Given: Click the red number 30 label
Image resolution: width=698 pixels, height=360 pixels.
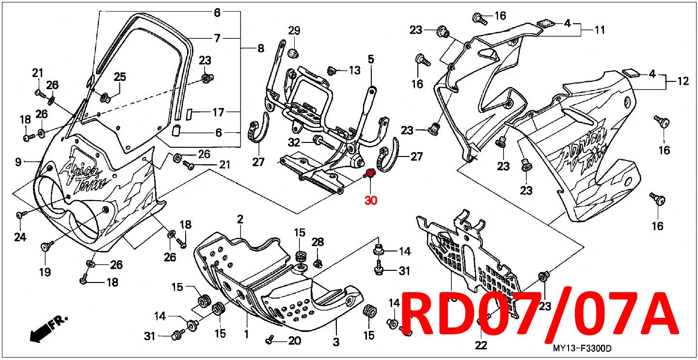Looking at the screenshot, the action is pos(371,200).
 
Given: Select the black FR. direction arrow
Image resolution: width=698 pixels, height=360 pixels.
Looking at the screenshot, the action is pos(48,329).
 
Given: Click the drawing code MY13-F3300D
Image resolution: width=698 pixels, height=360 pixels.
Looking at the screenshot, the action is pos(582,348).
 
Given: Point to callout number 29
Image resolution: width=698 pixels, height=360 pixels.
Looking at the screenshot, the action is pos(294,31).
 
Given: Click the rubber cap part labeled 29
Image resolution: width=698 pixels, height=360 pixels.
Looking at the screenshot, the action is pos(293,53).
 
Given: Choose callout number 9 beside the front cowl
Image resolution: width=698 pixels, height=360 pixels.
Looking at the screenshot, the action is pos(18,162).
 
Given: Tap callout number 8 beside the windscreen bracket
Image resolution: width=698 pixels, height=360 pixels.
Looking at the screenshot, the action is pos(261,48).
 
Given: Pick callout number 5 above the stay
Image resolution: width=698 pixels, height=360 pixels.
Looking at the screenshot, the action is pos(371,59).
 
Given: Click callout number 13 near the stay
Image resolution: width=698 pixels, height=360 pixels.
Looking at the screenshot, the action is pos(354,70).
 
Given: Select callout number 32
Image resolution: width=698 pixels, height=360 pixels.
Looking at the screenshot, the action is pos(294,142).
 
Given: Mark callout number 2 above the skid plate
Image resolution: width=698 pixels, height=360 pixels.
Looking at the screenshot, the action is pos(240,219).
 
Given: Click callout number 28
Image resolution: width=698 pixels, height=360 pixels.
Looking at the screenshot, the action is pos(318,242).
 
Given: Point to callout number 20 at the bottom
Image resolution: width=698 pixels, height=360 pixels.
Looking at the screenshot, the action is pos(295,341).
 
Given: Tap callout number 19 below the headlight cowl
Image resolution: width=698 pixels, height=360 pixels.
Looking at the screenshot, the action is pos(45,272).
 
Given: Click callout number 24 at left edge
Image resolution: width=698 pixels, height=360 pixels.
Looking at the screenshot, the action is pos(20,237).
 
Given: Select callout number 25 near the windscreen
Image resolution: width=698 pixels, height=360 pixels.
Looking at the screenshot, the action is pos(120,77).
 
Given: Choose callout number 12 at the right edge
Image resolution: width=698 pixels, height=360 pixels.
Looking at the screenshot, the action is pos(683,81).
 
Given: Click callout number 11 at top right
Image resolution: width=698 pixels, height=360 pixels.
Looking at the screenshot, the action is pos(600,30).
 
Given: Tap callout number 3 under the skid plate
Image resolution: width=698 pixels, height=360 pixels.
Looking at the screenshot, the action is pos(336,342).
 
